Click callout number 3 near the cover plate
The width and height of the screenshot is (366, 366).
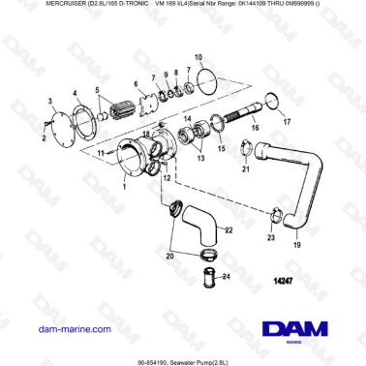(50, 100)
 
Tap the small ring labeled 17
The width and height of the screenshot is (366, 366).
(273, 100)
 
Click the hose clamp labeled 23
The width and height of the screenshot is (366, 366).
(275, 220)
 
